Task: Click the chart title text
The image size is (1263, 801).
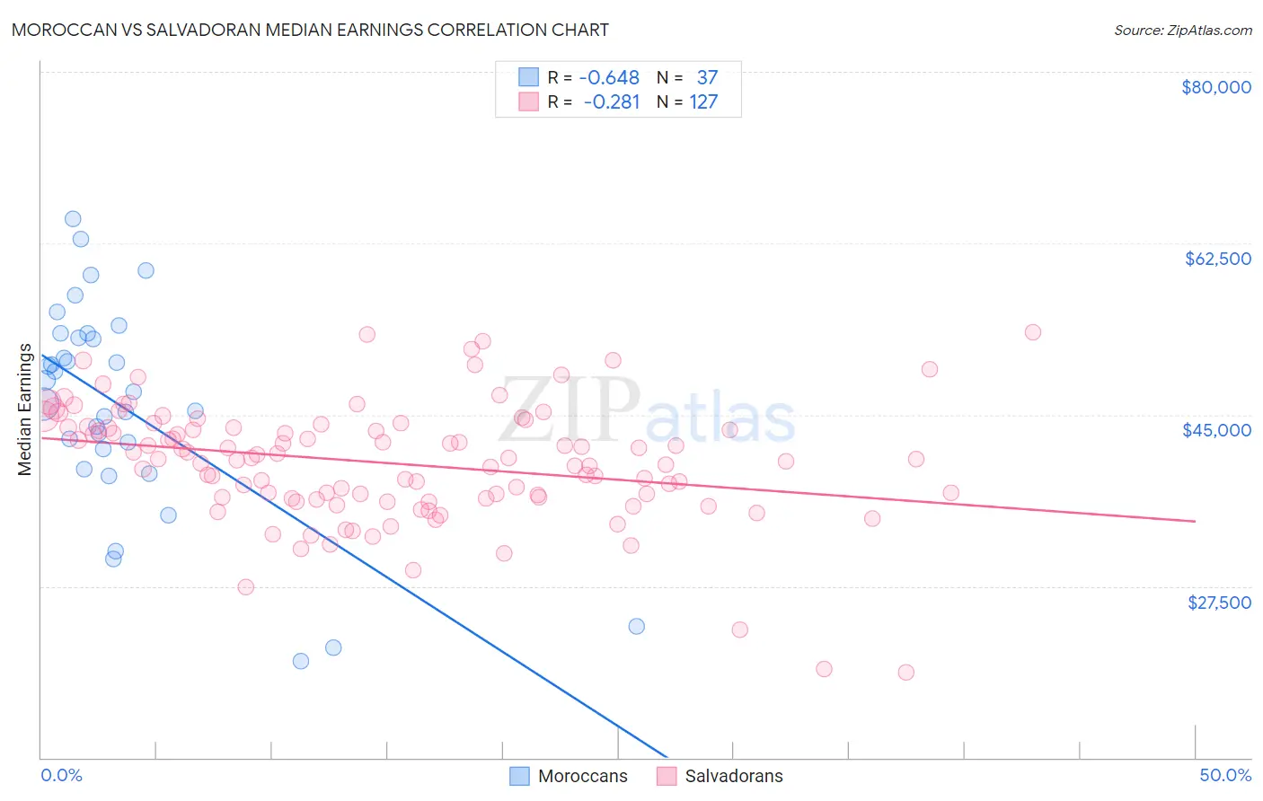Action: tap(311, 30)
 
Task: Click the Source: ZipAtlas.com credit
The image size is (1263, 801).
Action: tap(1182, 30)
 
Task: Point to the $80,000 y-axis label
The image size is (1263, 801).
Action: tap(1215, 87)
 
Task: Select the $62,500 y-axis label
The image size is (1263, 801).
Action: tap(1217, 259)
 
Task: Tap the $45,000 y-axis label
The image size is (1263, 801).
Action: tap(1216, 430)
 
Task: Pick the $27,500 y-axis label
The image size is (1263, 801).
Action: tap(1218, 603)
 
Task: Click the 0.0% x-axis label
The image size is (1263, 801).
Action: tap(61, 775)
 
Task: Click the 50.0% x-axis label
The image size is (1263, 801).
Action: tap(1224, 775)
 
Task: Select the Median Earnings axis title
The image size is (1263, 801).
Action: tap(25, 409)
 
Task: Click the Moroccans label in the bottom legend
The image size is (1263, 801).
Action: tap(582, 776)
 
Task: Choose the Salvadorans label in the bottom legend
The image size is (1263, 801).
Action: tap(733, 776)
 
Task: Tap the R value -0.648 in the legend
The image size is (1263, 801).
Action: tap(609, 78)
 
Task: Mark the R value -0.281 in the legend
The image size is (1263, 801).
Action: tap(611, 102)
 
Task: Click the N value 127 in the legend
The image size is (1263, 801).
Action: tap(703, 102)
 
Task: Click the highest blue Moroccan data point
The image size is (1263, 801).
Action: tap(73, 219)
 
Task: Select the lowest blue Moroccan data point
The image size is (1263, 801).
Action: tap(301, 661)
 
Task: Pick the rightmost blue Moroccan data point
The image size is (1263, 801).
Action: tap(636, 626)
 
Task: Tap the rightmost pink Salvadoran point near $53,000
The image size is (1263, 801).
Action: tap(1032, 332)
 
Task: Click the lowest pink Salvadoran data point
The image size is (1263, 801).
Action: tap(905, 673)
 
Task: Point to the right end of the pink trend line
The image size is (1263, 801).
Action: tap(1195, 521)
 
